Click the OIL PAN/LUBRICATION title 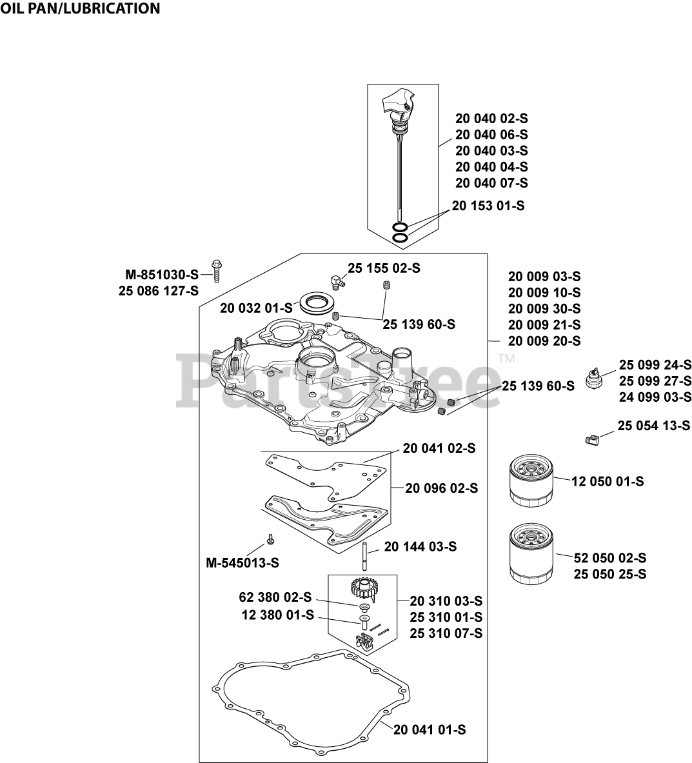(x=80, y=8)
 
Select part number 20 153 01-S (x=488, y=206)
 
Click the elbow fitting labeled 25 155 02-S (x=336, y=279)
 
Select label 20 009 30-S (x=544, y=308)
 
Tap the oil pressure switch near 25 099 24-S (x=594, y=378)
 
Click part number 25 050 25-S (x=609, y=574)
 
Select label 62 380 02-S (x=275, y=597)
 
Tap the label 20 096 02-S (x=442, y=488)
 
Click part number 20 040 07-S (x=491, y=183)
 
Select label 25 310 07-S (x=446, y=633)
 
